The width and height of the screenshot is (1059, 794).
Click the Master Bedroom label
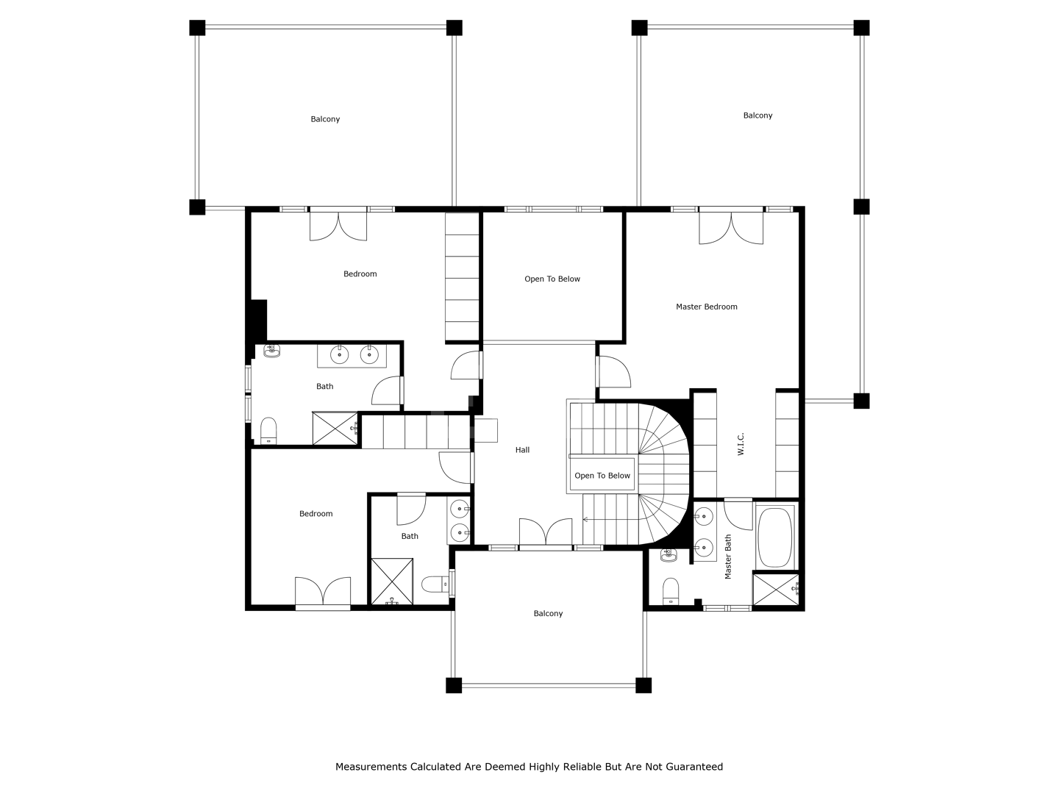706,307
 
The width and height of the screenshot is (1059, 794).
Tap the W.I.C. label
741,443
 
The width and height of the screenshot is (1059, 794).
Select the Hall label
522,450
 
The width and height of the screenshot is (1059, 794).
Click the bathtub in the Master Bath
775,537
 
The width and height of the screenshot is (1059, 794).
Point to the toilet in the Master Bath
671,591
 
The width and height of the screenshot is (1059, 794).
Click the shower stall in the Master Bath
776,590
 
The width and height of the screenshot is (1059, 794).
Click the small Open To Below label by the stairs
602,476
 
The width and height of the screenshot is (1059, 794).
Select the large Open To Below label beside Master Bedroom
552,279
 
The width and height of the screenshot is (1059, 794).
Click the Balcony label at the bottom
548,614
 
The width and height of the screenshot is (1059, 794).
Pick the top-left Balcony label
325,119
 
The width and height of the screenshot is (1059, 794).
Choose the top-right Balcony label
757,115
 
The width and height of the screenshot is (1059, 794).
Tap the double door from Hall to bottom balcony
546,532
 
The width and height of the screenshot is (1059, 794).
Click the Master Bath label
728,557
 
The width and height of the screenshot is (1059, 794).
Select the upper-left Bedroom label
360,273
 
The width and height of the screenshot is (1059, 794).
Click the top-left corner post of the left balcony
197,28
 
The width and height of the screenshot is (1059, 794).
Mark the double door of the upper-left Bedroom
338,226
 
